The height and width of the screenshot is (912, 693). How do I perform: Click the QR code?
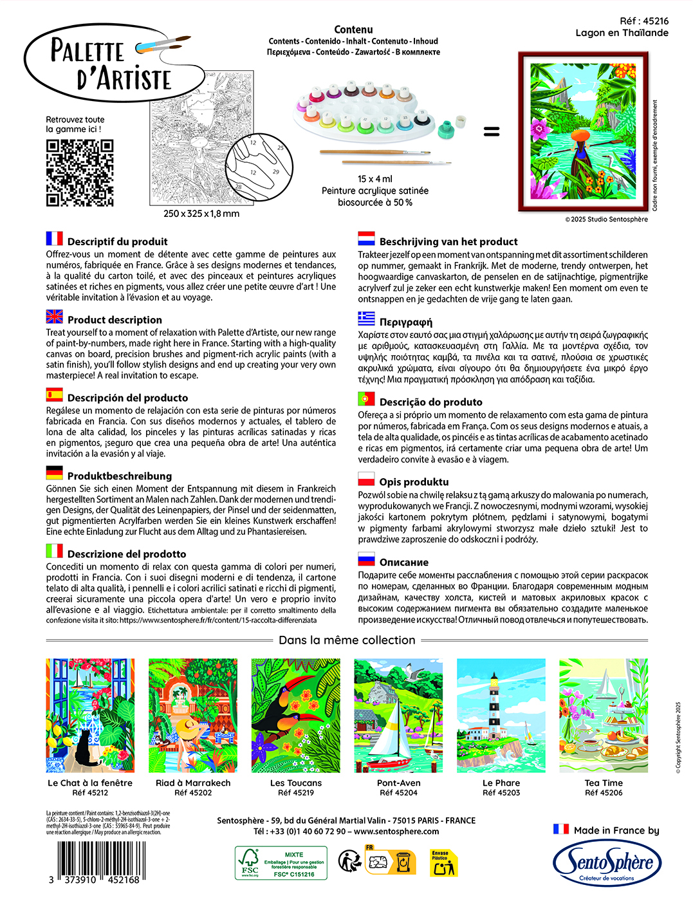point(80,173)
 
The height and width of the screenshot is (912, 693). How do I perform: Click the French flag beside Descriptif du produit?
point(55,239)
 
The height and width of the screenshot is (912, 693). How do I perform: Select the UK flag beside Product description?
point(55,317)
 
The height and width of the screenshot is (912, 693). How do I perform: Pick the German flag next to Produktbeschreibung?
point(55,473)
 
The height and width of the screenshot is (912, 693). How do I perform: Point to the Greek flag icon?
point(367,318)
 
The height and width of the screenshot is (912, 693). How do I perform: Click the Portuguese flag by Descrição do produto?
point(367,399)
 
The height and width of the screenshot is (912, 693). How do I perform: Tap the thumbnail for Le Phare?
point(501,715)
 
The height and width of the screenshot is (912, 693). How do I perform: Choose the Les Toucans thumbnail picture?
point(296,715)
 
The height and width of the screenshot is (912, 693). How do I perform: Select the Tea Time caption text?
point(604,783)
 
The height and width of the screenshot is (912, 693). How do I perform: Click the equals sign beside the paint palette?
point(492,132)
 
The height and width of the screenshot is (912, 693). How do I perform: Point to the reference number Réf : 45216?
point(644,21)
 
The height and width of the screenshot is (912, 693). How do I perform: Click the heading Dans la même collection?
point(347,640)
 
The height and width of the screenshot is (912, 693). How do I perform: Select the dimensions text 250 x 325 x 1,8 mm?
point(201,214)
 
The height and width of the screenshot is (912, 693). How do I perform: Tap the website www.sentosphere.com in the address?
point(396,832)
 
